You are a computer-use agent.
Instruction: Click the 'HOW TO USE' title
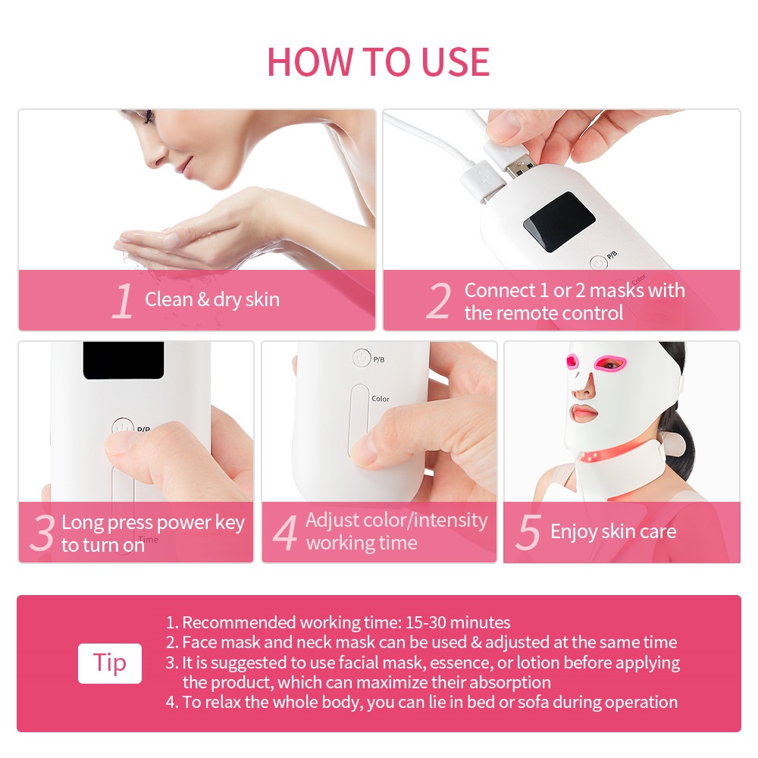pos(378,62)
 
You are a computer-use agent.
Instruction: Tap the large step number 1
pos(123,301)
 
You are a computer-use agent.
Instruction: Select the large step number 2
pos(439,301)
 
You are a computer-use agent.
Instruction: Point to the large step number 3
pos(42,533)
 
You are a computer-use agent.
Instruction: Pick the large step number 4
pos(285,533)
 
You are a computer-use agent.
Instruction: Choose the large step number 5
pos(528,532)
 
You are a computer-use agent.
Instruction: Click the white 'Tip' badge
pos(110,663)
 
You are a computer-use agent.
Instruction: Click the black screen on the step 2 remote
pos(559,221)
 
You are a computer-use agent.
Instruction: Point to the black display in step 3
pos(124,360)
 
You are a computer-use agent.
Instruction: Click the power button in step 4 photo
pos(361,359)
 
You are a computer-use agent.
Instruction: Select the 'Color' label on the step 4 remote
pos(380,399)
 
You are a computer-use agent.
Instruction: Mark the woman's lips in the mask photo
pos(584,413)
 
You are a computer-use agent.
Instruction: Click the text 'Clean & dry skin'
pos(212,299)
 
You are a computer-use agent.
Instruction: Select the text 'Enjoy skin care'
pos(613,532)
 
